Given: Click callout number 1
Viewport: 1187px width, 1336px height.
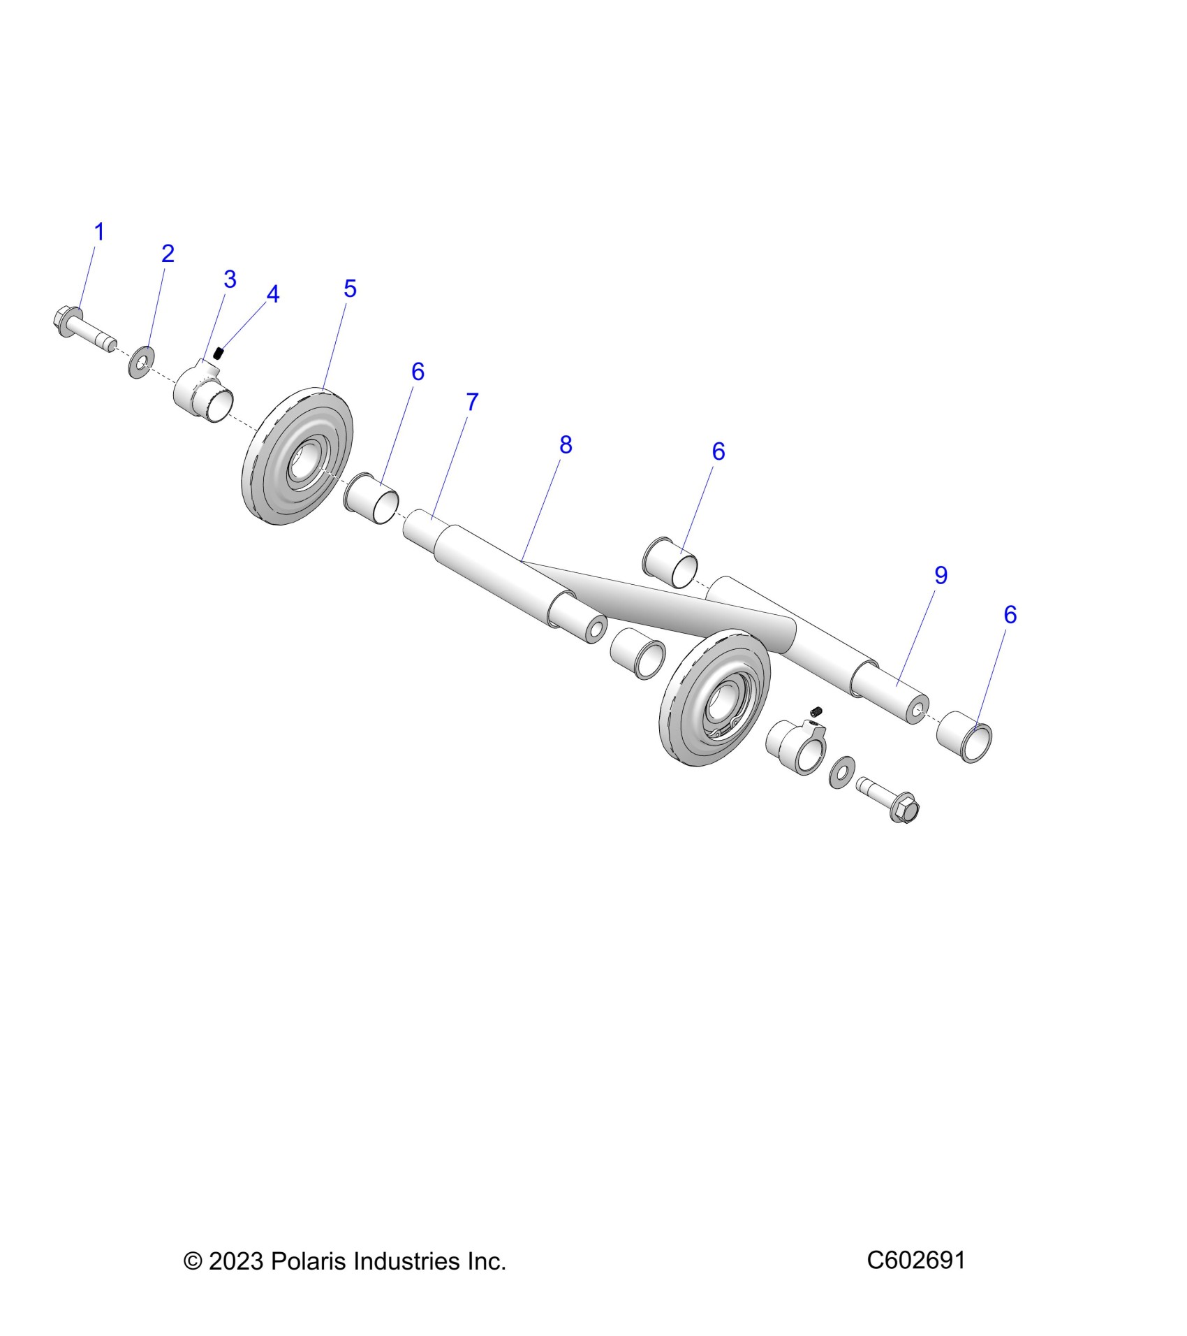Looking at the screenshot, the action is pyautogui.click(x=99, y=232).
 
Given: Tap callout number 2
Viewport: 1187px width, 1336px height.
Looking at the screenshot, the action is pyautogui.click(x=168, y=254).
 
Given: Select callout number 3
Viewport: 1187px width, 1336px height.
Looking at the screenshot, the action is pyautogui.click(x=230, y=279).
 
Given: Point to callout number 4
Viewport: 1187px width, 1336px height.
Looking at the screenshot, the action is pyautogui.click(x=273, y=295).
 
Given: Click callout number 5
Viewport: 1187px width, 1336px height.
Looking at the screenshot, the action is pyautogui.click(x=350, y=289).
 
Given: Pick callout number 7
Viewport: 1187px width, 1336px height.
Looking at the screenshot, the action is pyautogui.click(x=472, y=402).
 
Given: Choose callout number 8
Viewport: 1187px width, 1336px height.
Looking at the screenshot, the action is pyautogui.click(x=566, y=445).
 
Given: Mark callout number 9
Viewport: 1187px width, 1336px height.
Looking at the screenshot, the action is pyautogui.click(x=941, y=576).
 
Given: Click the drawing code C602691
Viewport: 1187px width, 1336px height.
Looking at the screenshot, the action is pyautogui.click(x=916, y=1261).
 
